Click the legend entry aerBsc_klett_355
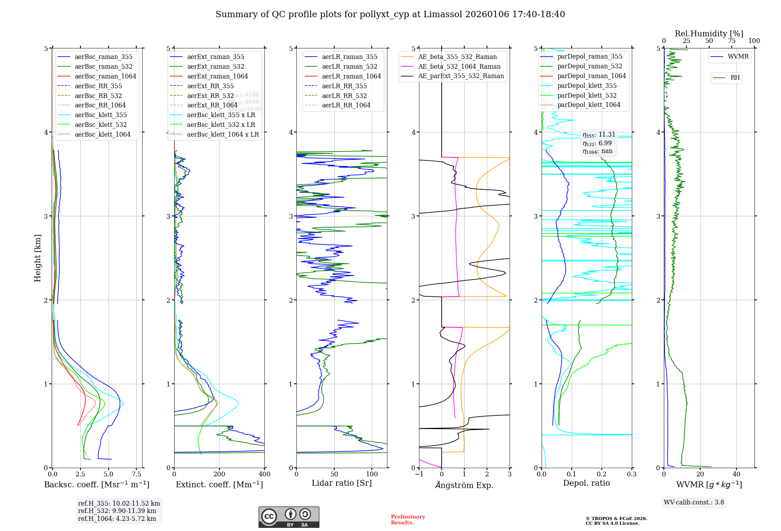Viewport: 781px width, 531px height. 101,115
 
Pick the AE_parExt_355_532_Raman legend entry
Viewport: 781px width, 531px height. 461,76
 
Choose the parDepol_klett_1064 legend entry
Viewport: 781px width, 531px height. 589,105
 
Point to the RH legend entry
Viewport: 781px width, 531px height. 735,78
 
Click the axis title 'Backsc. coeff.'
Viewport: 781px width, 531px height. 96,485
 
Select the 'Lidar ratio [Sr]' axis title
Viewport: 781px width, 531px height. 342,483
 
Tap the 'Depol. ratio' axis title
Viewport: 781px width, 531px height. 586,483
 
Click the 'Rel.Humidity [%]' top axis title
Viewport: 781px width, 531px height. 709,34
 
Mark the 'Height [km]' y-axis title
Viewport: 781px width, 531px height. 37,258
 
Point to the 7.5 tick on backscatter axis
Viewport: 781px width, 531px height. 136,474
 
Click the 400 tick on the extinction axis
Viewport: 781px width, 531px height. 264,474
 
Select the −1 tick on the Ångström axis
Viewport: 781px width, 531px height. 419,474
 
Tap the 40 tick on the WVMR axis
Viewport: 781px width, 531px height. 736,474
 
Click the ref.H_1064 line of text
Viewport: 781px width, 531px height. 117,519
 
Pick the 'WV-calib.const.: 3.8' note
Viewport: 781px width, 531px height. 694,502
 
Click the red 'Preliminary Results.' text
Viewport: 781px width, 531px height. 408,520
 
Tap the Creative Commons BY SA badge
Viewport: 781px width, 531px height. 289,517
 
